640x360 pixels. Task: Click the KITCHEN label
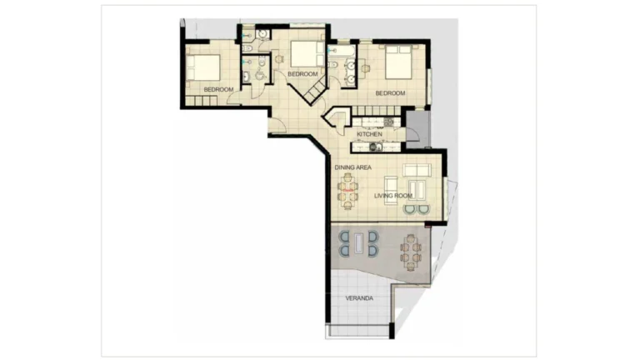[x=369, y=134]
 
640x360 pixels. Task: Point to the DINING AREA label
[x=353, y=168]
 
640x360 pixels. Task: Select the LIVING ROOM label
[x=392, y=196]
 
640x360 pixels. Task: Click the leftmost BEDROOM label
[x=218, y=88]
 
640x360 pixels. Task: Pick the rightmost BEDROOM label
[x=390, y=93]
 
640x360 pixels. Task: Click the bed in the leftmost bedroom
[x=206, y=67]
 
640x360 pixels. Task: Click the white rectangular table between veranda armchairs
[x=358, y=244]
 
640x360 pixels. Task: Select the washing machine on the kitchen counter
[x=373, y=147]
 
